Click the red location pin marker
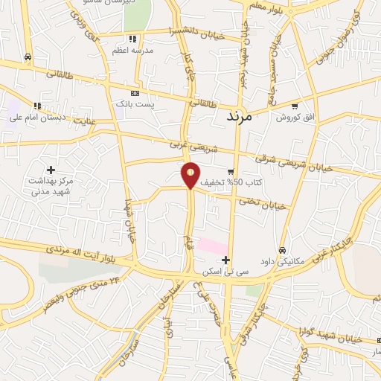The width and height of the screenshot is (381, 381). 191,174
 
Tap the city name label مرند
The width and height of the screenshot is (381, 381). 239,117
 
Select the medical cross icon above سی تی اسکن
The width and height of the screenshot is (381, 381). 226,258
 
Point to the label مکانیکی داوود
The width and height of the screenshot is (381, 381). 282,261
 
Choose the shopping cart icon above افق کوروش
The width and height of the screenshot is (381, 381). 295,106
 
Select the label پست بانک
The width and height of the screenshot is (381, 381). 134,105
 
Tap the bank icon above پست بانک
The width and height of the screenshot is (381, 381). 134,94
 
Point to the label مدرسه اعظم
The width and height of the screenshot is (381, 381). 132,50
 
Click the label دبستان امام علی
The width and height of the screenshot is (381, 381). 37,117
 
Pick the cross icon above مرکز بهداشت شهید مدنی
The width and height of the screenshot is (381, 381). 51,170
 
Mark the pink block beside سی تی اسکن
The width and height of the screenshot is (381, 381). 211,245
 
